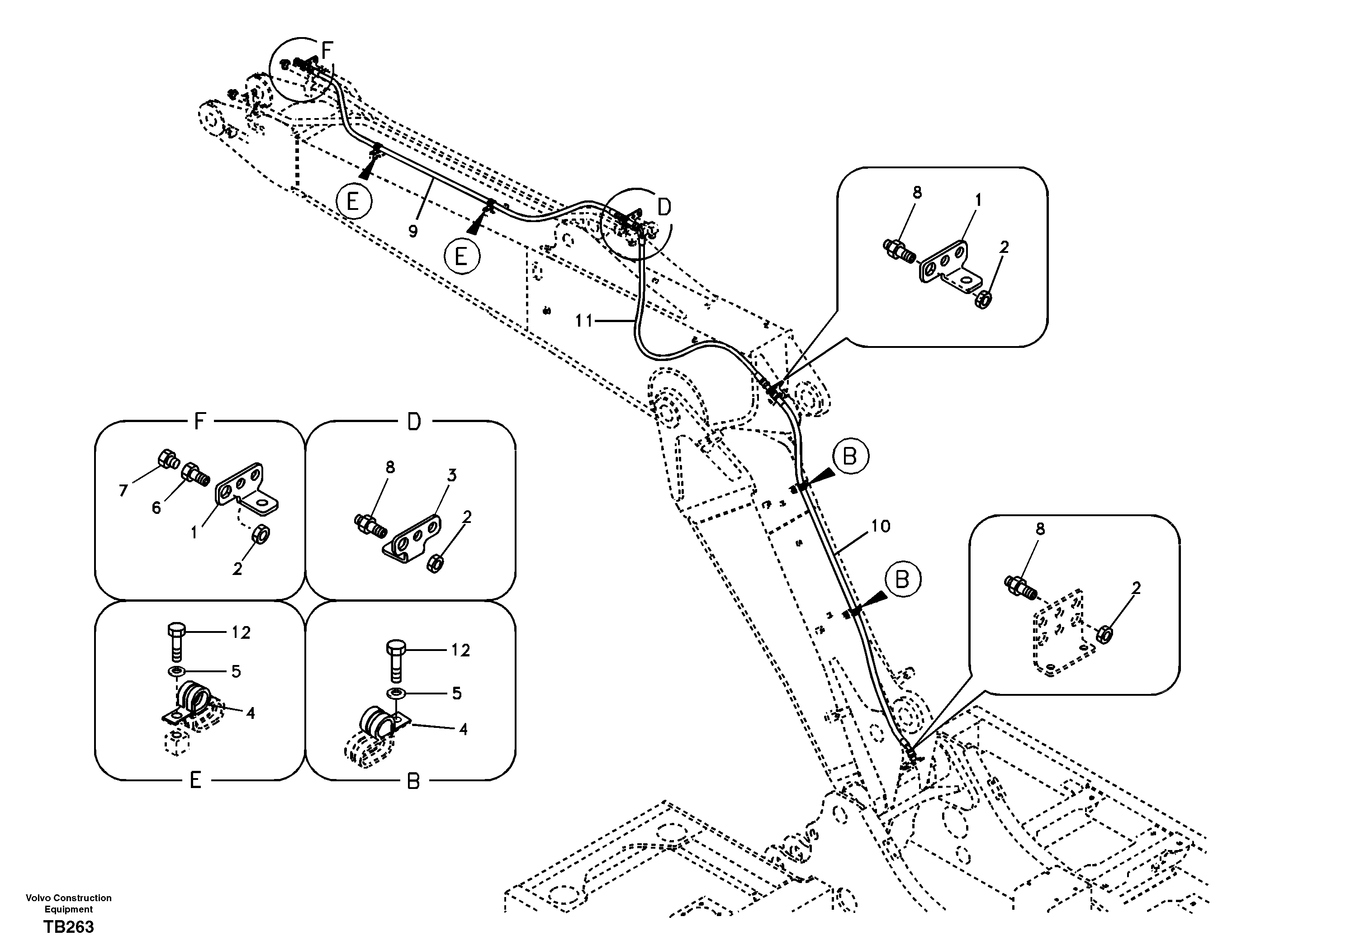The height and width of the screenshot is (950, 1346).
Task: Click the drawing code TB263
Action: click(x=68, y=927)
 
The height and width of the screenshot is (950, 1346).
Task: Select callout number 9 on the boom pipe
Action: click(x=413, y=232)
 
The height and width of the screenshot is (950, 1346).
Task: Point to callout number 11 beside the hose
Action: click(x=584, y=321)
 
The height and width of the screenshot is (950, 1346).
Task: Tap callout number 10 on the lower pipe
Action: click(x=880, y=526)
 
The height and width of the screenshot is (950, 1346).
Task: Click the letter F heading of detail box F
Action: click(x=200, y=421)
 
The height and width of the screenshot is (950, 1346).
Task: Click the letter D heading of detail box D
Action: click(x=414, y=422)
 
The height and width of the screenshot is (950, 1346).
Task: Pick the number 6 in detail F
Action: click(x=156, y=507)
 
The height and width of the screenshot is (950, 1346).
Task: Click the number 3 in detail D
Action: click(x=451, y=475)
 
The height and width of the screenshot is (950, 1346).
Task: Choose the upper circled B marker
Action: click(x=849, y=456)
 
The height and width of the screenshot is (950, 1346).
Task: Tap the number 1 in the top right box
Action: click(x=978, y=200)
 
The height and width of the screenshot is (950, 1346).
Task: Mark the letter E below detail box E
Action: click(x=195, y=780)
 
